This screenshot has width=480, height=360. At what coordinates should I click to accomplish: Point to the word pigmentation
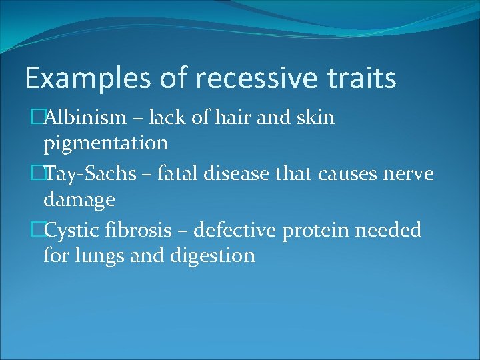click(105, 143)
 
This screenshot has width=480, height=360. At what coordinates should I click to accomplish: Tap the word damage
click(79, 199)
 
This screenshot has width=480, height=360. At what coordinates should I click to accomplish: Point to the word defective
click(242, 231)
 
